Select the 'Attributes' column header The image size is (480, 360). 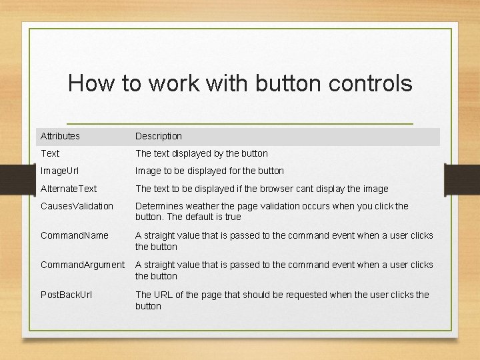tap(60, 136)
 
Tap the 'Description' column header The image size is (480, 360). tap(159, 136)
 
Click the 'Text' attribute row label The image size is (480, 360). tap(50, 153)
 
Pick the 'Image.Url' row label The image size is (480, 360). tap(59, 171)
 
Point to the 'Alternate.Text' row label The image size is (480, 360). tap(69, 189)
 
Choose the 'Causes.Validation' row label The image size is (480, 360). tap(77, 206)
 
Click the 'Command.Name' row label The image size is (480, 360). tap(74, 235)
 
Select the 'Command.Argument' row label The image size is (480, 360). tap(83, 265)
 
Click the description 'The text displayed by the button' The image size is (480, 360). tap(201, 153)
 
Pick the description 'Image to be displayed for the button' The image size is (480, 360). tap(209, 171)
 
